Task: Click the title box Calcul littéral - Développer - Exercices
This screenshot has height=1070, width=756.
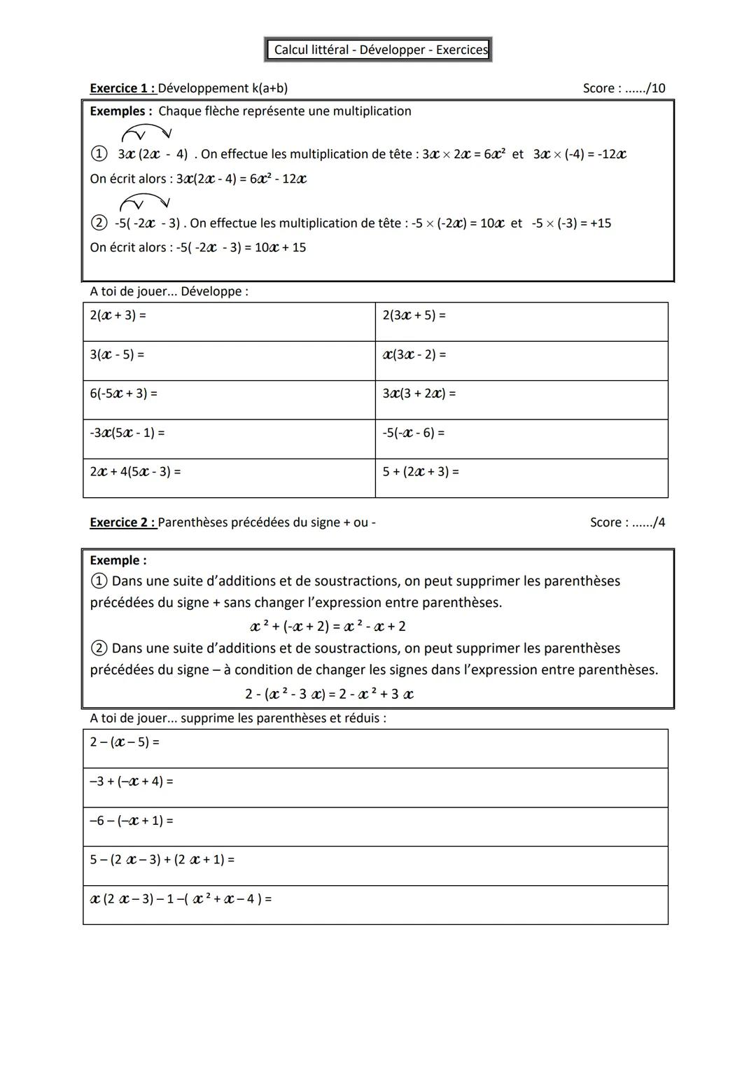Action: tap(379, 50)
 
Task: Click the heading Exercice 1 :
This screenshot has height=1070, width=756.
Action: tap(122, 88)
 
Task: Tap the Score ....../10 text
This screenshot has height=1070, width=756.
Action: tap(624, 88)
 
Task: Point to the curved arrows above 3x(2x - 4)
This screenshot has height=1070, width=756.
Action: tap(146, 132)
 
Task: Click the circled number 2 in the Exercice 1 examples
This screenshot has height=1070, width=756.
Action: tap(99, 223)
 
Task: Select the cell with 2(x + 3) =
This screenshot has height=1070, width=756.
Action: tap(229, 322)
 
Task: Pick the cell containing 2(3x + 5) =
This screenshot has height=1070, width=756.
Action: tap(521, 322)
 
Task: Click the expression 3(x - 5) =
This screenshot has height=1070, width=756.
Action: tap(117, 354)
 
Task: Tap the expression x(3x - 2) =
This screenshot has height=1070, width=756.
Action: tap(414, 354)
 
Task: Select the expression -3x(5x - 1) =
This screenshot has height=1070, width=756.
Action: tap(127, 433)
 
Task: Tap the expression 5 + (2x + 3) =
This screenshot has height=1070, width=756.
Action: tap(420, 472)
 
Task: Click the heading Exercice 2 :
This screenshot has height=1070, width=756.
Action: tap(122, 522)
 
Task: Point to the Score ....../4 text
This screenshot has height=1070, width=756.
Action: tap(627, 522)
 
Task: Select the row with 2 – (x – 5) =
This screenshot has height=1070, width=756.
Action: tap(375, 749)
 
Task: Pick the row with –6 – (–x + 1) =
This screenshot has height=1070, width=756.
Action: tap(375, 827)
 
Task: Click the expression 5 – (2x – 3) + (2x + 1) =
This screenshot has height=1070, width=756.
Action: tap(162, 859)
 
